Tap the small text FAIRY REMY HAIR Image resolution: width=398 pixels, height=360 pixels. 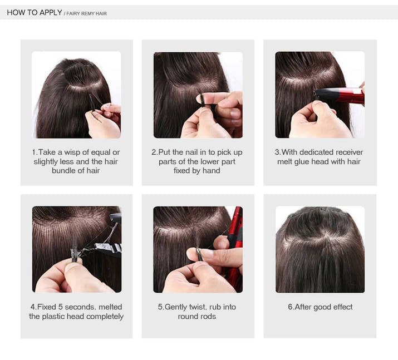point(86,13)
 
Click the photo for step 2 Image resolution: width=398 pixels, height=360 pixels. point(198,95)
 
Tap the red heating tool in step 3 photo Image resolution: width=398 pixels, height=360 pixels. point(341,95)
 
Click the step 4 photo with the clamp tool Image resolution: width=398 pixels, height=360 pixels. point(76,249)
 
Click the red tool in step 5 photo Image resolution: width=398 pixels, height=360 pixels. point(235,245)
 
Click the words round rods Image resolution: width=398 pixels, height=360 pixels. point(197,317)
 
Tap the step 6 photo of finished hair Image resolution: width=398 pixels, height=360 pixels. point(320,249)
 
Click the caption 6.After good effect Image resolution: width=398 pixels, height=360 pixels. point(320,307)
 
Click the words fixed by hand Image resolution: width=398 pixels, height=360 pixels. point(197,171)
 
